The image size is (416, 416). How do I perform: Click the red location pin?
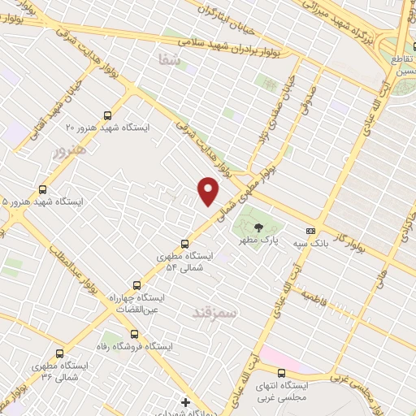pos(209,189)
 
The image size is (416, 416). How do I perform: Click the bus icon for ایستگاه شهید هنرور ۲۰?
pos(109,115)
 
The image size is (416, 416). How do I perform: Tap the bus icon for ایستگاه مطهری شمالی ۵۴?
pos(185,242)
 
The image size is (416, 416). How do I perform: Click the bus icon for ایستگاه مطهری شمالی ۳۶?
pos(59,353)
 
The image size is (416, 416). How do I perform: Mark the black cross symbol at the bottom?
pos(186,402)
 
